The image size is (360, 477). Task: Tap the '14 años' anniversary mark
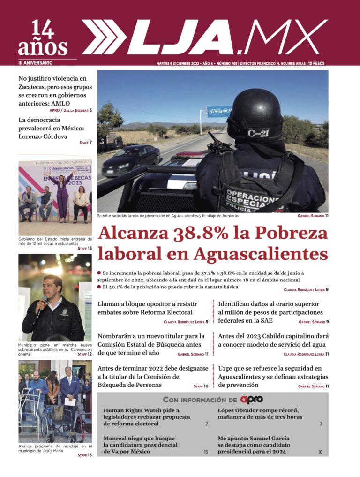click(x=43, y=39)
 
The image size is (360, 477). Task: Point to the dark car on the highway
click(x=131, y=158)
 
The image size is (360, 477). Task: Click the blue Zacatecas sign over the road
click(x=219, y=111)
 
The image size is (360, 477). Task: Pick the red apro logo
click(x=251, y=400)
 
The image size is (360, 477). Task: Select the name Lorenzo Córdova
click(x=43, y=136)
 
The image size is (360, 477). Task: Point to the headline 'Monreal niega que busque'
click(x=140, y=445)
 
